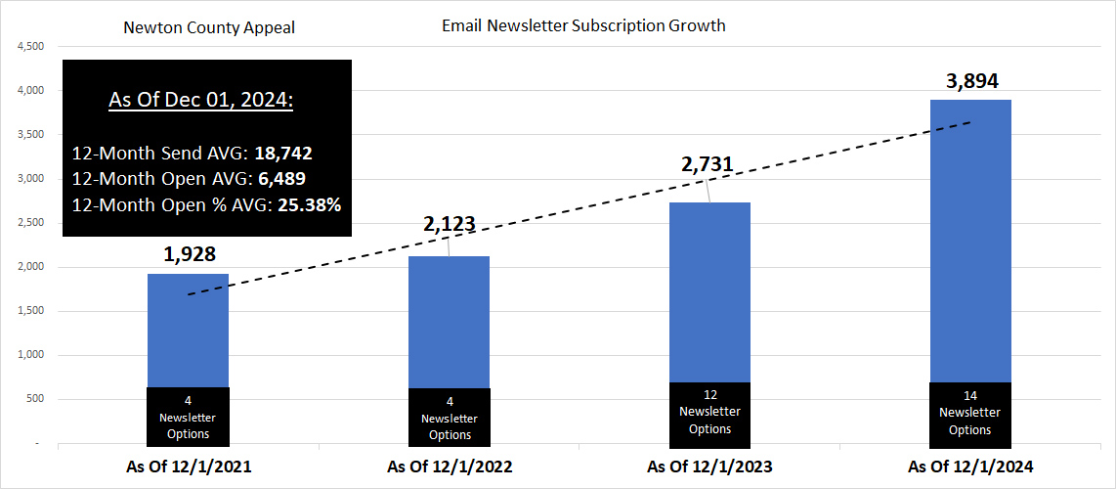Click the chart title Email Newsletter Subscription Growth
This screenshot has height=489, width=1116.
click(583, 25)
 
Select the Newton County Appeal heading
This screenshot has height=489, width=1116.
click(209, 27)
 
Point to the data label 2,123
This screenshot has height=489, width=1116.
click(449, 224)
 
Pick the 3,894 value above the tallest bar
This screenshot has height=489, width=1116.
click(971, 81)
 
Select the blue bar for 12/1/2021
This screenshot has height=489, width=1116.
click(188, 330)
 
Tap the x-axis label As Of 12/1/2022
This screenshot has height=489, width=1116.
click(450, 467)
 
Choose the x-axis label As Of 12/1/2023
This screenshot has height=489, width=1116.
click(709, 467)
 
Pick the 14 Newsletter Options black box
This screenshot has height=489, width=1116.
click(970, 413)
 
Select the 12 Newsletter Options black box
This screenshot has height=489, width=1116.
click(709, 413)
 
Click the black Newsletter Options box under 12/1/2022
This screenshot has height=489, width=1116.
click(450, 418)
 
